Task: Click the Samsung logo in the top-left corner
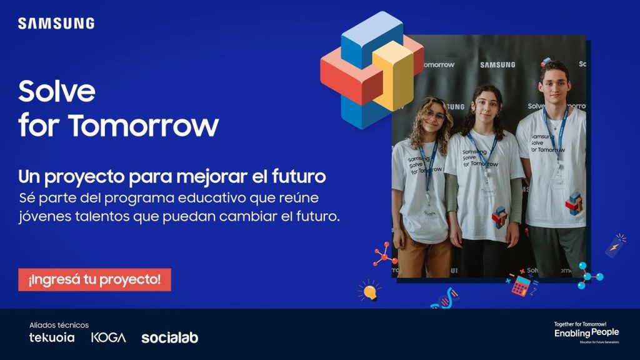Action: tap(56, 24)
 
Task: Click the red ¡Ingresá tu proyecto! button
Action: tap(94, 279)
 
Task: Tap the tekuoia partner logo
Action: tap(52, 337)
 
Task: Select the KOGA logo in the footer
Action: tap(108, 337)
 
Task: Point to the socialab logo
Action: tap(169, 337)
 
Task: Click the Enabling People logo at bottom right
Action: tap(586, 332)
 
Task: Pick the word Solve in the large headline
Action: tap(57, 92)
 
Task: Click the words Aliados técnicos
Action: tap(59, 325)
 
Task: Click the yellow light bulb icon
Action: tap(369, 291)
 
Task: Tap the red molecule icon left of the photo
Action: tap(384, 253)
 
